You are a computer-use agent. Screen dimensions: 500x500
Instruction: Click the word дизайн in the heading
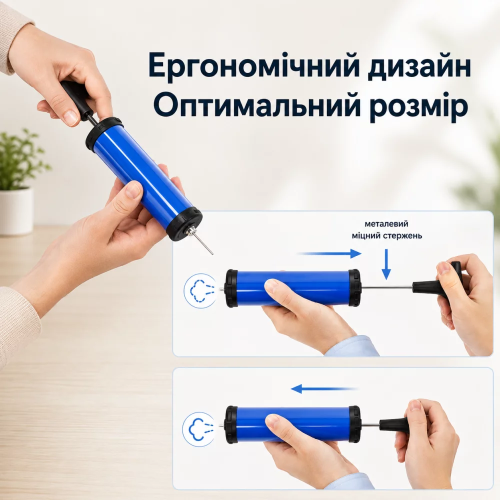419,66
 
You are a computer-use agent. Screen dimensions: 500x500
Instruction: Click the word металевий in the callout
386,223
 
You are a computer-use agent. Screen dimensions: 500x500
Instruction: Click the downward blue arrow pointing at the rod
386,264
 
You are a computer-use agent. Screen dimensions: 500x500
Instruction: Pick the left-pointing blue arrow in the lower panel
324,388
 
